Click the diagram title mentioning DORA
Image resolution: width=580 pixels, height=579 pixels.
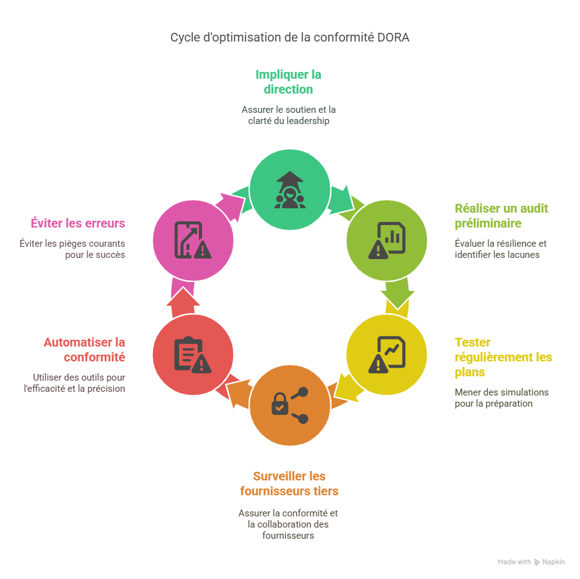289,38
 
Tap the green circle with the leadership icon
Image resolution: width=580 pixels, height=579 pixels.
289,190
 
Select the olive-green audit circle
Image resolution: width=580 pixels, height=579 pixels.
387,240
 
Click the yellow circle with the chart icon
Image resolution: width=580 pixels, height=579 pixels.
387,355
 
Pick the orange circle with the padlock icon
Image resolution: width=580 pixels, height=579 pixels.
289,406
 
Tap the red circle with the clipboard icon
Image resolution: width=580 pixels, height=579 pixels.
193,355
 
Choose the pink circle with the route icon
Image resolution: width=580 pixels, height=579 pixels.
193,240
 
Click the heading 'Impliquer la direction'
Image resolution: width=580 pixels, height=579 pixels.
288,82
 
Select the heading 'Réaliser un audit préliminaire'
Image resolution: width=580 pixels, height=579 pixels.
501,216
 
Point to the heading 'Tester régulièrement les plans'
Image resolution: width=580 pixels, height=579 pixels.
503,357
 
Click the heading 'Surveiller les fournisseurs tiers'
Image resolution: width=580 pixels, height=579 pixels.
289,484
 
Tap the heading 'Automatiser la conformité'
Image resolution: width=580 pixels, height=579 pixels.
84,350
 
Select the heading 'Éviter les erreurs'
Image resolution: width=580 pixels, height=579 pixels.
77,223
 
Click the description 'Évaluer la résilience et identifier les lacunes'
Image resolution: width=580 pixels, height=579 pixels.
500,249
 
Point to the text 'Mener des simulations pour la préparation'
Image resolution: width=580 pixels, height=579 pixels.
501,397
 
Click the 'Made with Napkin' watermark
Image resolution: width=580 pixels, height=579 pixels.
531,562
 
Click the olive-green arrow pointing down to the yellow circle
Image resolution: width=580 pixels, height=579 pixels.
397,294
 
